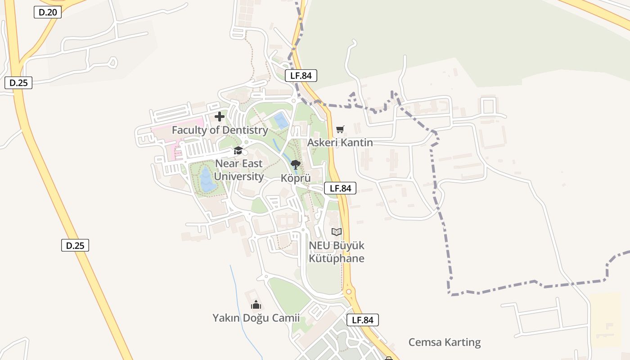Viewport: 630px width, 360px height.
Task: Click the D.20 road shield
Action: click(x=48, y=12)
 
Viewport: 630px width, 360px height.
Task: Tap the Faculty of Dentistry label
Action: click(x=220, y=130)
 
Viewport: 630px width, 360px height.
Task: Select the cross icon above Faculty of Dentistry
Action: click(x=220, y=117)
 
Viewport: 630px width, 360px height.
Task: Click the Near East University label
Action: click(x=239, y=170)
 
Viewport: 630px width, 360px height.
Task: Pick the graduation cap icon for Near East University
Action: click(x=238, y=150)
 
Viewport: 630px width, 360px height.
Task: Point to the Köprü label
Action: click(x=296, y=178)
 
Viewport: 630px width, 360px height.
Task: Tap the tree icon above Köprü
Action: click(x=296, y=165)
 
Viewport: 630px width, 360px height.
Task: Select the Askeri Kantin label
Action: click(x=340, y=143)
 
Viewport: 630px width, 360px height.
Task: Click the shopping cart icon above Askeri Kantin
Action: click(x=340, y=130)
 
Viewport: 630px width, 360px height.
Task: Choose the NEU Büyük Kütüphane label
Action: click(x=337, y=252)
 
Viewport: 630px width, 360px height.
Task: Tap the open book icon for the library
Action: click(x=337, y=232)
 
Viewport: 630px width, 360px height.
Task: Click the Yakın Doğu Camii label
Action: click(x=256, y=318)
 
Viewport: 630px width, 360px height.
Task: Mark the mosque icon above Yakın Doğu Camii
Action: click(x=256, y=305)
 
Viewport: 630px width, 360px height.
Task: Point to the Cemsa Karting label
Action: click(x=444, y=342)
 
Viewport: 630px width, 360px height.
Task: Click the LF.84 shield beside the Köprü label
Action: click(x=340, y=188)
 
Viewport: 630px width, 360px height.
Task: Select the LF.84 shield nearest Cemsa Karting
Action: click(x=363, y=320)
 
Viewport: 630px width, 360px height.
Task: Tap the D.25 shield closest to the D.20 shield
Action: click(x=18, y=83)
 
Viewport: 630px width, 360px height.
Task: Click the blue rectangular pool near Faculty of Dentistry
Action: click(x=281, y=121)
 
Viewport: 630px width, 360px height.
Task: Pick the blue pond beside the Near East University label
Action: click(x=207, y=180)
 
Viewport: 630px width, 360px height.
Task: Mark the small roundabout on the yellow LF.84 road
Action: click(x=348, y=292)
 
